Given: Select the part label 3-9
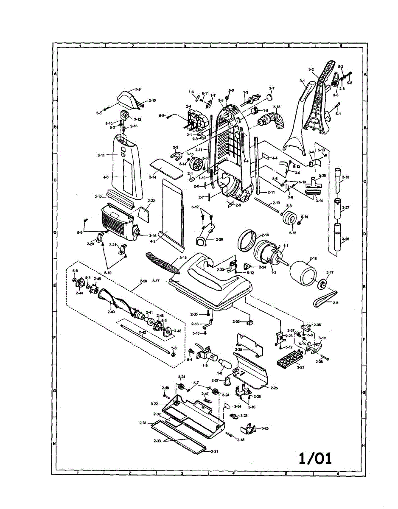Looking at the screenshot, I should pyautogui.click(x=137, y=89).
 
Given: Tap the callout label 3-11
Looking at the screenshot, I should pyautogui.click(x=101, y=156).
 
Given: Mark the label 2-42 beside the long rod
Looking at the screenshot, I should pyautogui.click(x=143, y=333).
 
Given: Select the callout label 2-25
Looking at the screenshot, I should pyautogui.click(x=274, y=388).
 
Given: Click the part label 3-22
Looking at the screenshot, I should pyautogui.click(x=154, y=403).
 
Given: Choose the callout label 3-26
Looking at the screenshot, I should pyautogui.click(x=346, y=239).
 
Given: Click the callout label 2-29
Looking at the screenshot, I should pyautogui.click(x=219, y=239).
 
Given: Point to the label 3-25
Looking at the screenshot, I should pyautogui.click(x=265, y=428).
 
